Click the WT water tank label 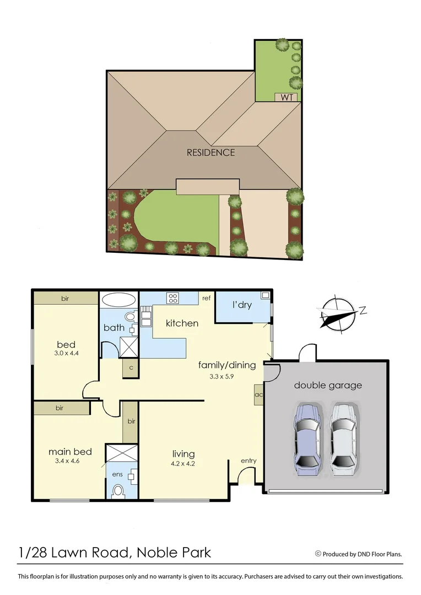click(287, 98)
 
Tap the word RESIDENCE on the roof click(210, 153)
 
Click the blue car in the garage click(307, 439)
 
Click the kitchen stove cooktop click(173, 299)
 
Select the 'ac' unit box click(258, 394)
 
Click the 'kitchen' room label click(182, 323)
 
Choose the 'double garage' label click(328, 385)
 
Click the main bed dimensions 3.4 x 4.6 click(68, 461)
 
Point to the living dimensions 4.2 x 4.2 click(183, 463)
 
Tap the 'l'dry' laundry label click(241, 305)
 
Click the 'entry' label click(249, 461)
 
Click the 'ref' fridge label click(206, 298)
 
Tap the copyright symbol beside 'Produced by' click(318, 554)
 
